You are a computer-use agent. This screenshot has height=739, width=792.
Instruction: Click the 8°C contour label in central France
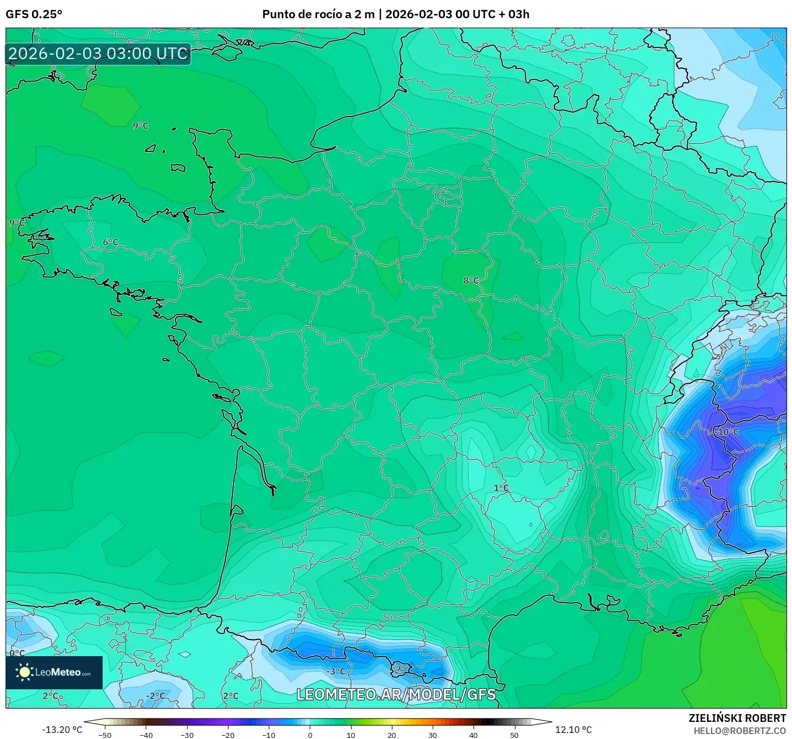click(x=471, y=281)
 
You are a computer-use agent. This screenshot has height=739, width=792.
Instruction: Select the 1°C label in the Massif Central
click(x=501, y=488)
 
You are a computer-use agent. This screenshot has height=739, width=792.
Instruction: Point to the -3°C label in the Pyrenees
click(x=336, y=672)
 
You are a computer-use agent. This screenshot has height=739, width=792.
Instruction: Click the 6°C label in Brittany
click(x=110, y=242)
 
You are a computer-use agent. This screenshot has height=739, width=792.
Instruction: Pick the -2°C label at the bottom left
click(x=156, y=696)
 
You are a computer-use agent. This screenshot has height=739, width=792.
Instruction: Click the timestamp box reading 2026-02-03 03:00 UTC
click(x=98, y=54)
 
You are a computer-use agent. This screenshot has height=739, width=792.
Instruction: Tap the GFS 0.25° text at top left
click(x=34, y=14)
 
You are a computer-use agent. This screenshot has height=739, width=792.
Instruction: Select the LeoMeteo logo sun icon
click(x=24, y=672)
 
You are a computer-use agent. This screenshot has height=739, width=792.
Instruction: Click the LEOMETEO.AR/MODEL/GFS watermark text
click(x=396, y=694)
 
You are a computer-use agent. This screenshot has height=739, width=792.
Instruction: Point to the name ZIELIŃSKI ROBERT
click(x=737, y=718)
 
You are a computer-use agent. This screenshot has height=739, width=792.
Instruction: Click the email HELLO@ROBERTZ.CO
click(x=739, y=731)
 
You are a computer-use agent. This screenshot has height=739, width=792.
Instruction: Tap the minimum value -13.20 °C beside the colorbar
click(x=62, y=730)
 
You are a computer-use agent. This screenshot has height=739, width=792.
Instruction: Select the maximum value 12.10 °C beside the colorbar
click(x=573, y=730)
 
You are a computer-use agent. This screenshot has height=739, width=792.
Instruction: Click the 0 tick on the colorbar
click(x=310, y=735)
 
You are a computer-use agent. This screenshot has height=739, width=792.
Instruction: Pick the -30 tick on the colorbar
click(x=187, y=735)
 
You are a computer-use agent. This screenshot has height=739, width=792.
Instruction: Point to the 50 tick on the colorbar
click(x=514, y=735)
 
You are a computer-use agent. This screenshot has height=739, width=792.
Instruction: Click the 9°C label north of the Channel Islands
click(x=141, y=126)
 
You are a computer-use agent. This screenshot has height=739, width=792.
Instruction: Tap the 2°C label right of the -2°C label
click(x=231, y=696)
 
